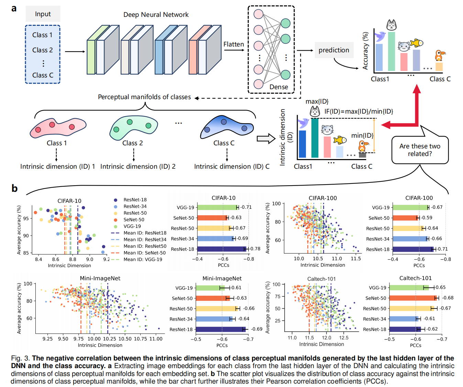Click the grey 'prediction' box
point(334,50)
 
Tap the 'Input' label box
point(43,14)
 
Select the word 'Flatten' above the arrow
point(234,44)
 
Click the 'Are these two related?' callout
point(420,150)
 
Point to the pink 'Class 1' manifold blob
point(58,127)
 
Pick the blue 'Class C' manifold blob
point(226,126)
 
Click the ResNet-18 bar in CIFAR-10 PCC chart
point(222,249)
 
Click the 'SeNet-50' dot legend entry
point(134,220)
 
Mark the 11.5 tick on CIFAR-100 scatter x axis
point(356,259)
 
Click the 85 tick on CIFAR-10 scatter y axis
point(26,253)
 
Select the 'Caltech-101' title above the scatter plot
point(321,279)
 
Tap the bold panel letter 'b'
point(14,188)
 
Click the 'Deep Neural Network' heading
point(156,15)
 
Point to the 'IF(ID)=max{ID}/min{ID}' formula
point(359,112)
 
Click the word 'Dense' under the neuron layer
point(279,87)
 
